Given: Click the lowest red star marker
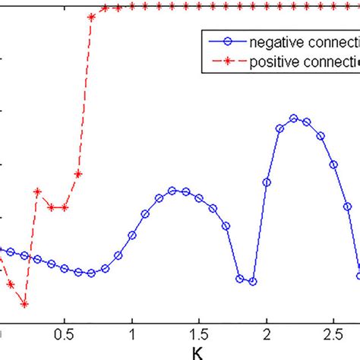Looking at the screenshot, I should pos(24,305).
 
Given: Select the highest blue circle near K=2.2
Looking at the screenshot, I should pos(293,118).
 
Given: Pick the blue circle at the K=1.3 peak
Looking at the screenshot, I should pos(172,191).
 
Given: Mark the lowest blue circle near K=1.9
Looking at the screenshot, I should pos(253,281).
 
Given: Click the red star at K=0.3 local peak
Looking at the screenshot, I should pos(38,191).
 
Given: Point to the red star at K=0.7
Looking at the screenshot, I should pos(91,16).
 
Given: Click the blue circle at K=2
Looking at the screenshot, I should pos(267,182).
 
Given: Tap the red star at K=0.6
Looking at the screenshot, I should pos(78,173).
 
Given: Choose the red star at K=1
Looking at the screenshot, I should pos(132,6).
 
